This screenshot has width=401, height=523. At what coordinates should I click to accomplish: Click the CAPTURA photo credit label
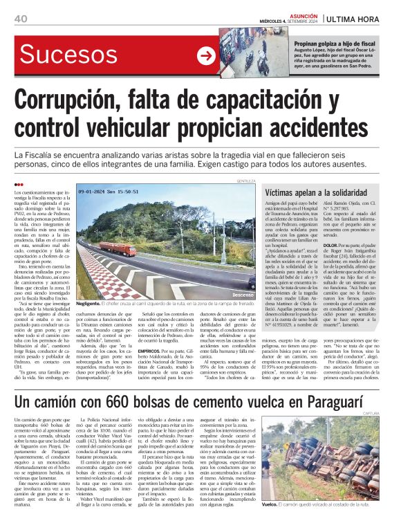coord(377,398)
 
